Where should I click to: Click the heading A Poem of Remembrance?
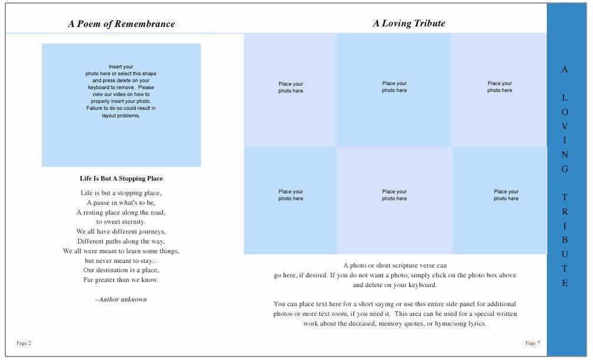click(121, 24)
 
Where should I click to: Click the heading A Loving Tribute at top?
click(409, 24)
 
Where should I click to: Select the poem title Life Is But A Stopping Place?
click(121, 178)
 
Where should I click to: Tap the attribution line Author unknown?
click(121, 299)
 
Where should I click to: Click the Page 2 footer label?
click(24, 343)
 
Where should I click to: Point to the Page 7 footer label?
click(532, 343)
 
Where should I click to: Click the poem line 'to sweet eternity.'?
click(121, 222)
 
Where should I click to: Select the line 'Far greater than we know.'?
click(121, 279)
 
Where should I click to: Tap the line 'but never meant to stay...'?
click(121, 260)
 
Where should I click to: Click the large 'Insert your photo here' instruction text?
click(121, 91)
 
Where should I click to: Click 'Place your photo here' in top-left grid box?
click(291, 88)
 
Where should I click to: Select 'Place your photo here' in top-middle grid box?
click(394, 87)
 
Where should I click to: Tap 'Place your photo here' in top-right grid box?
click(499, 87)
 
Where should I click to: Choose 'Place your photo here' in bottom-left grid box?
click(291, 195)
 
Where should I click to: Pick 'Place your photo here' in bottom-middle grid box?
click(394, 195)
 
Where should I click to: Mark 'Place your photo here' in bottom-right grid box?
click(506, 195)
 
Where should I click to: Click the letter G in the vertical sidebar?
click(565, 169)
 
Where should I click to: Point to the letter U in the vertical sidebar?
click(565, 254)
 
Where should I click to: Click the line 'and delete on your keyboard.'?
click(395, 285)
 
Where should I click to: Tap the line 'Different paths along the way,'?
click(121, 241)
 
